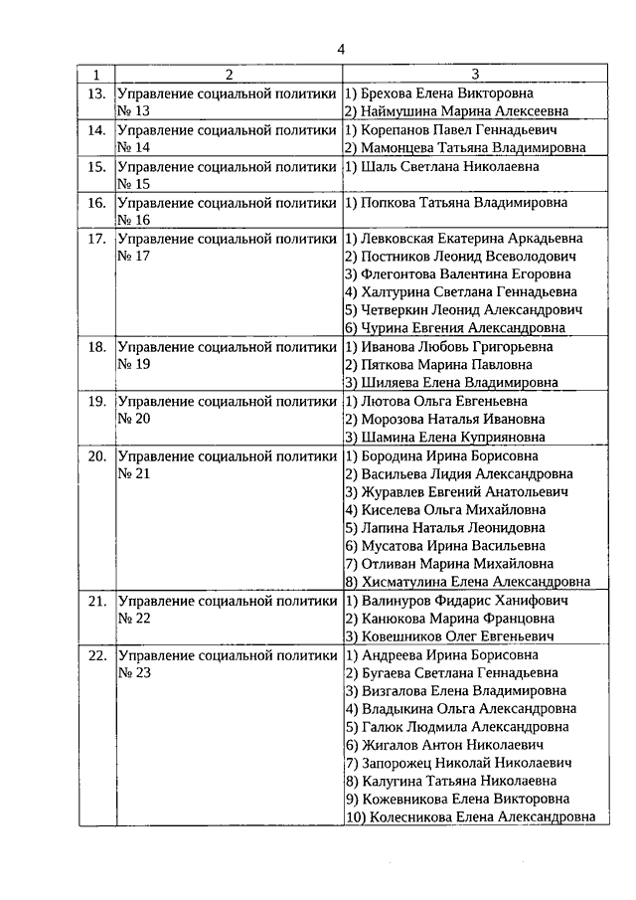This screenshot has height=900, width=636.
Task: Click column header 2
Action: [x=228, y=75]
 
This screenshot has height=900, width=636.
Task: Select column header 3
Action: [x=475, y=75]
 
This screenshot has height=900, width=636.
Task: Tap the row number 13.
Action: [x=96, y=92]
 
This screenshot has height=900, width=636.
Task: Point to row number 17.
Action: [x=96, y=239]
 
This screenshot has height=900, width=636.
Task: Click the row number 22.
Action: [x=96, y=655]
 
